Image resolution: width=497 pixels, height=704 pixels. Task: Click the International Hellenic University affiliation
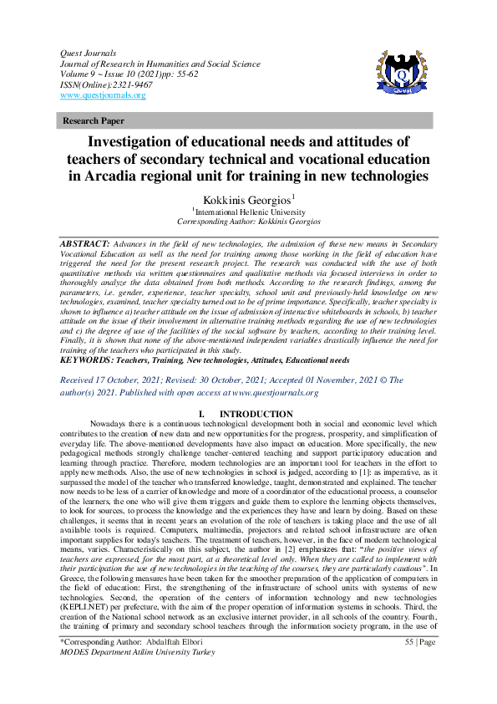[248, 212]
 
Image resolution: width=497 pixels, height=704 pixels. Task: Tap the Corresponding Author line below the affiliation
[248, 222]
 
